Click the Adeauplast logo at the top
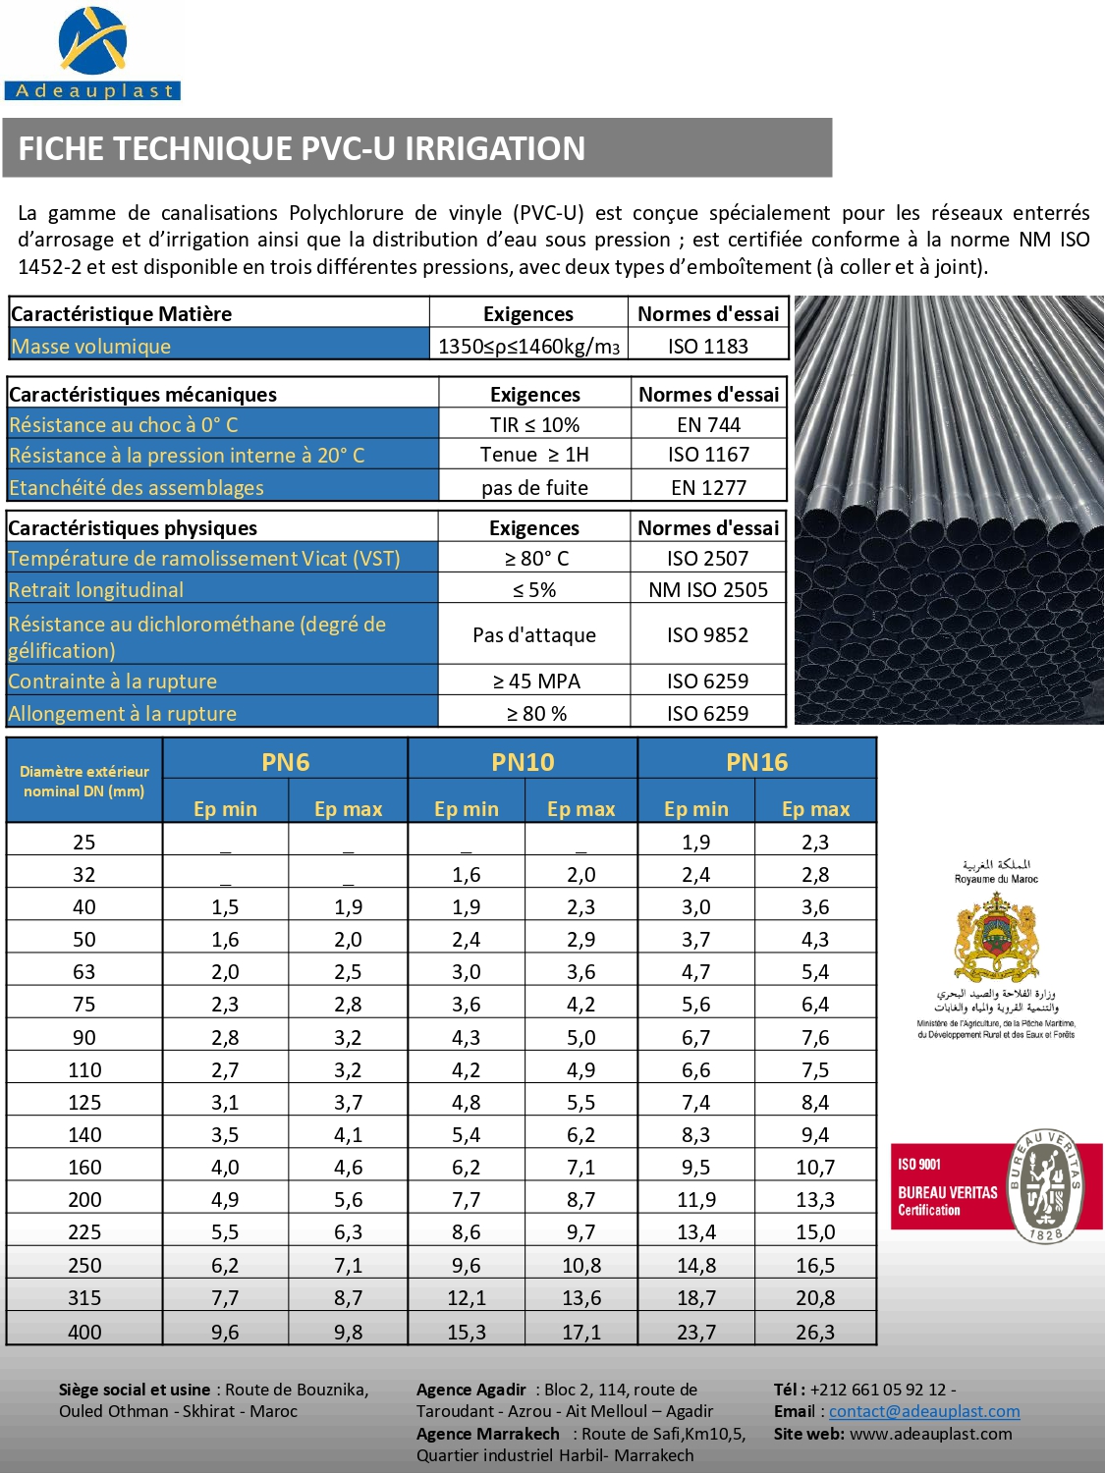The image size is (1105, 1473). click(x=92, y=54)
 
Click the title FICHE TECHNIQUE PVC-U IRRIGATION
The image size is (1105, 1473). click(x=302, y=148)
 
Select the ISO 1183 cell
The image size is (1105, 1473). click(x=707, y=346)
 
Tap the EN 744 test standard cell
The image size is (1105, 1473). click(x=708, y=424)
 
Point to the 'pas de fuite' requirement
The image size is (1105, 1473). click(x=534, y=487)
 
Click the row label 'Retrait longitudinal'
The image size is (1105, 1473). click(x=96, y=589)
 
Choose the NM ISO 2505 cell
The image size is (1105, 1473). click(x=707, y=589)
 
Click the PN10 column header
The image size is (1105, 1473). click(x=523, y=762)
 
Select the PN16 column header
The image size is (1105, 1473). click(x=756, y=762)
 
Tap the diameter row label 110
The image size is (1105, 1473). click(x=84, y=1069)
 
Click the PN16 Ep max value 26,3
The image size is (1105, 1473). click(x=815, y=1332)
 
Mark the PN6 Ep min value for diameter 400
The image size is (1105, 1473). click(x=225, y=1332)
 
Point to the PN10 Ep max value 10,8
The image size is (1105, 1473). click(x=581, y=1265)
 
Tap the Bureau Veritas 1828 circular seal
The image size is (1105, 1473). click(x=1047, y=1186)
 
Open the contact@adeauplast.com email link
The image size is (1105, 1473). click(x=924, y=1411)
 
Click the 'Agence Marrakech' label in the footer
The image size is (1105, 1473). click(x=487, y=1434)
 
